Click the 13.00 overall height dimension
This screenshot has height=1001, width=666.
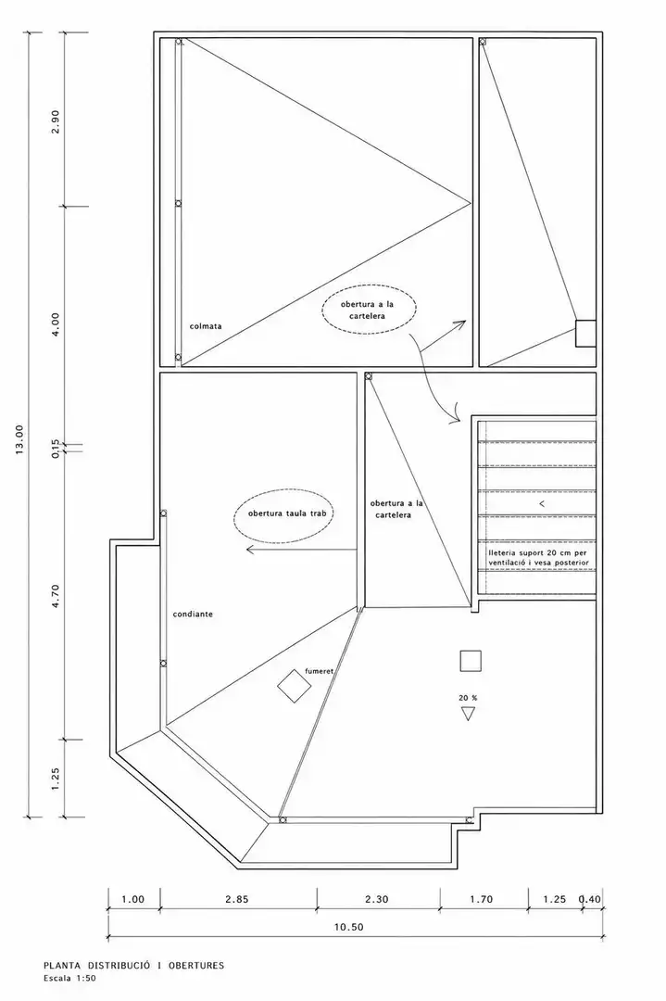[19, 440]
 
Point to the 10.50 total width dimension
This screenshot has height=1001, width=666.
[349, 927]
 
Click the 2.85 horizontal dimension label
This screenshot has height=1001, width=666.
[237, 899]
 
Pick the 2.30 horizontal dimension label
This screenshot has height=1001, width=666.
[376, 899]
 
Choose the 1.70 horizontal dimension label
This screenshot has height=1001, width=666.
[481, 899]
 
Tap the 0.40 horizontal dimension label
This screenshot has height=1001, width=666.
[589, 899]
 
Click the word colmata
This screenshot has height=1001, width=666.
[206, 326]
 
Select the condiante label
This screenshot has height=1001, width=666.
[193, 615]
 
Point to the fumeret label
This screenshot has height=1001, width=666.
[320, 671]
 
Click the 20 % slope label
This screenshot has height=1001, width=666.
[468, 698]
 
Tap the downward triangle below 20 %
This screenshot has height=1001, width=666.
[469, 714]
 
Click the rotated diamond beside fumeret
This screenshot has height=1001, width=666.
[294, 686]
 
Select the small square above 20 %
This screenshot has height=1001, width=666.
[471, 661]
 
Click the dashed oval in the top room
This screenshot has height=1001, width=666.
[368, 309]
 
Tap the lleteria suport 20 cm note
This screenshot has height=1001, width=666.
[538, 557]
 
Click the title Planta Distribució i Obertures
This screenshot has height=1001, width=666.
[134, 966]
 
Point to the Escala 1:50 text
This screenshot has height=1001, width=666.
[69, 978]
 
